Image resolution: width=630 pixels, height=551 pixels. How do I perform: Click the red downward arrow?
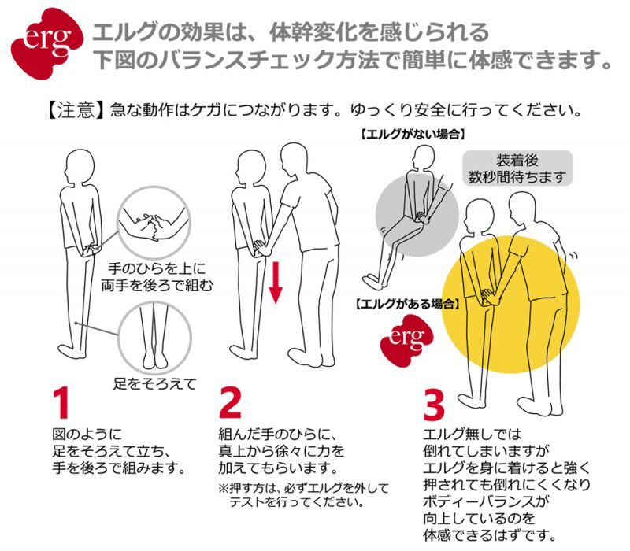(275, 283)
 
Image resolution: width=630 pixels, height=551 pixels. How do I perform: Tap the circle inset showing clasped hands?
(153, 224)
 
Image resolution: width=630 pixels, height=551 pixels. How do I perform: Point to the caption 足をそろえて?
(153, 384)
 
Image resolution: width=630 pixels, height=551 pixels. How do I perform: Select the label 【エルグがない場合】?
(410, 135)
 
